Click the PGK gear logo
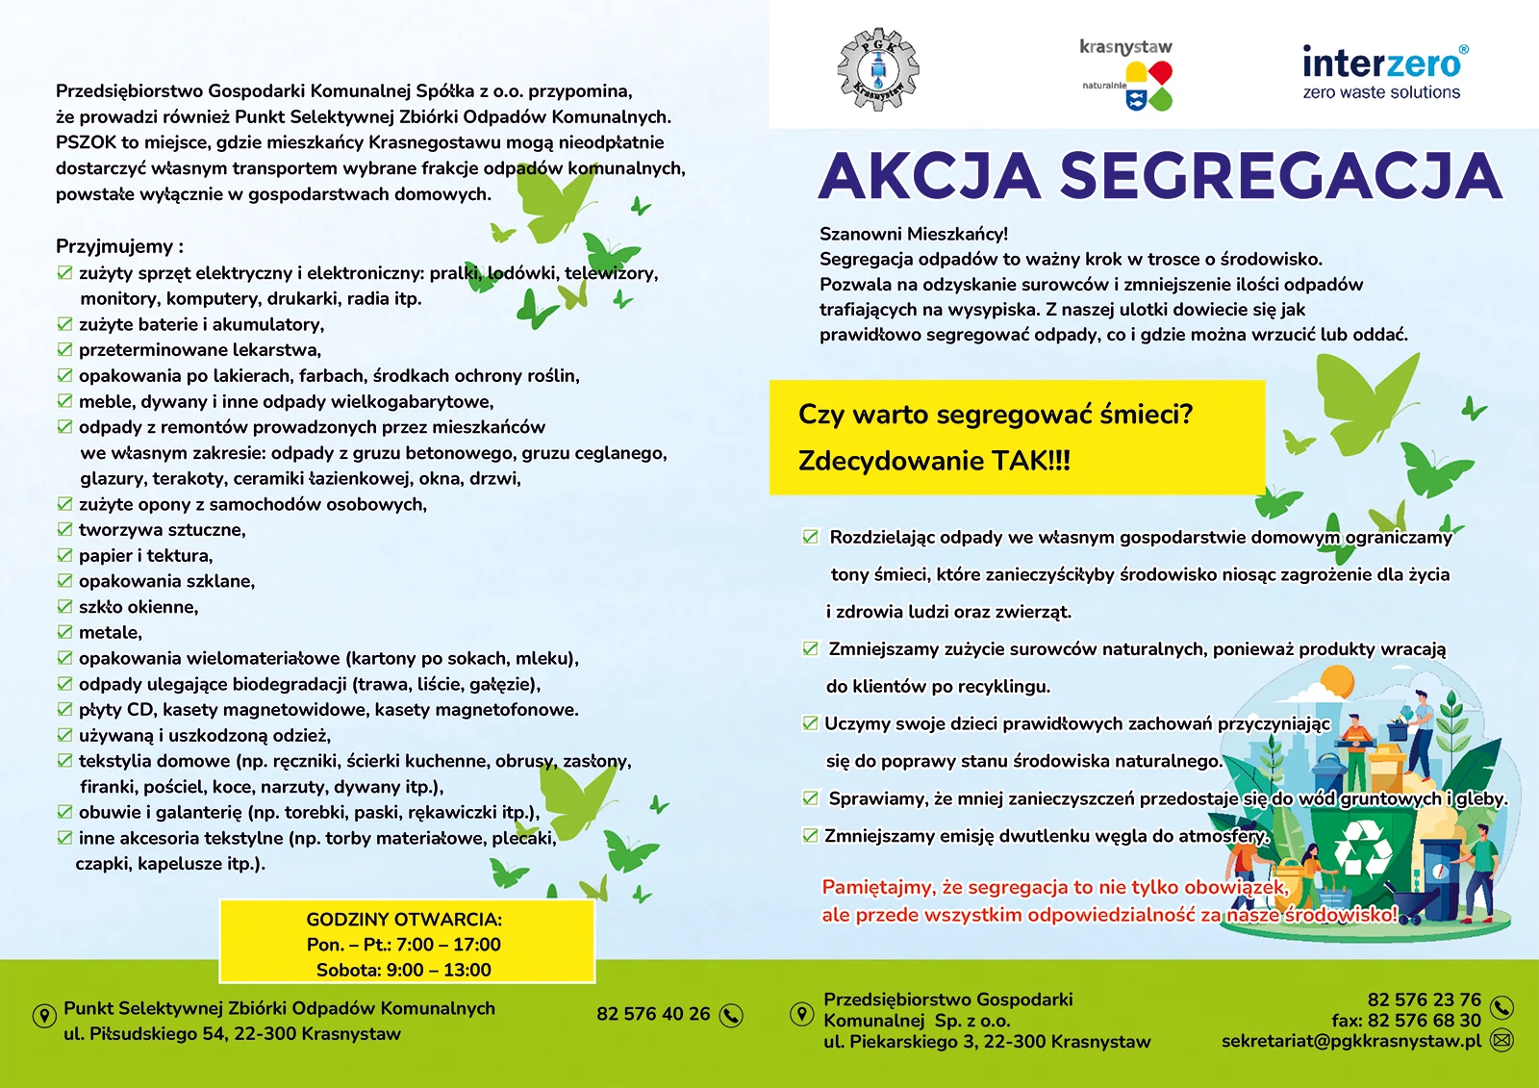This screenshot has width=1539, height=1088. [877, 69]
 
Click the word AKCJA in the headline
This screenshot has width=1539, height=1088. [929, 176]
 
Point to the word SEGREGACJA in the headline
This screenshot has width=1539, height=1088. [1280, 176]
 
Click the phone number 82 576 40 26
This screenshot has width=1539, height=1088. [653, 1014]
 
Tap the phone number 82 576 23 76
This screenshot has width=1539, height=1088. [1424, 999]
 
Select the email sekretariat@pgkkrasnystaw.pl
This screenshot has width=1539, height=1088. [1351, 1041]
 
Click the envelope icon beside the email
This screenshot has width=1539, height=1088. [1501, 1041]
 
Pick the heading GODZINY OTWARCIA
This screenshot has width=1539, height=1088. [404, 920]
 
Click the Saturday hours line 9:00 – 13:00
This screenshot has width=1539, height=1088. [404, 970]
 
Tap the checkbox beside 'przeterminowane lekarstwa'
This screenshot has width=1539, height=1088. [64, 349]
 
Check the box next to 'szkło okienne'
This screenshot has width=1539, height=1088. [64, 606]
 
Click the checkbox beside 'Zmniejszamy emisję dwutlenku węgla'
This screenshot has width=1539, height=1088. [810, 835]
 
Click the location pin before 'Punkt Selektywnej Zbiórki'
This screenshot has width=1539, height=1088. [43, 1015]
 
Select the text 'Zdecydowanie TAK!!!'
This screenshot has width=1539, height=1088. [934, 461]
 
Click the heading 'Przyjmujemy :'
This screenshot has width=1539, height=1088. [119, 246]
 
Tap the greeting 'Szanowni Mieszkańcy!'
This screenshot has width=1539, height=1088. [913, 234]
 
